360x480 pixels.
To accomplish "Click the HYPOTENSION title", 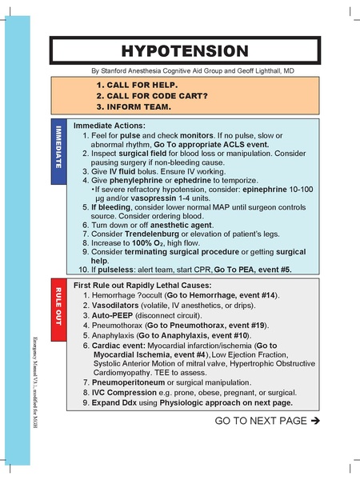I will pos(185,50).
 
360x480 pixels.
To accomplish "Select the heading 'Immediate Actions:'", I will pos(109,126).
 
